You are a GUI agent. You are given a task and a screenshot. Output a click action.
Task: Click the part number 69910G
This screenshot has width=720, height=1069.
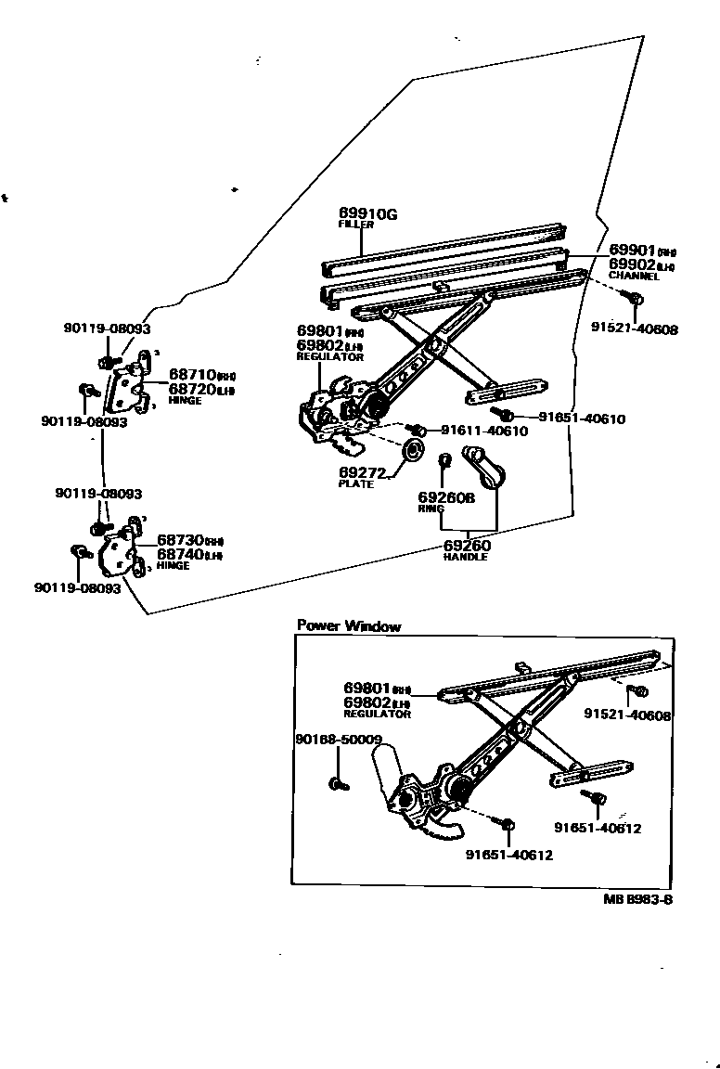point(367,214)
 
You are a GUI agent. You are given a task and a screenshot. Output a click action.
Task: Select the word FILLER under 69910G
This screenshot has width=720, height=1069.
point(355,225)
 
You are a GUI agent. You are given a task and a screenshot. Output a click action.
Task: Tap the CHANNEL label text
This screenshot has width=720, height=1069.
point(634,277)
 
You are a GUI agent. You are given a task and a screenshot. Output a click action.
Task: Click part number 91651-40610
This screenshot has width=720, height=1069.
point(582,419)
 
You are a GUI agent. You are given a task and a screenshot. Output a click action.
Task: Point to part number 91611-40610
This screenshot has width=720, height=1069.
point(483,431)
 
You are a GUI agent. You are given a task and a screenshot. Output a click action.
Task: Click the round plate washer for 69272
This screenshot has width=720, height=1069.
point(411,453)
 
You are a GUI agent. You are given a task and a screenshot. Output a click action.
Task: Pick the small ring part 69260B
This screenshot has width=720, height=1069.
point(444,460)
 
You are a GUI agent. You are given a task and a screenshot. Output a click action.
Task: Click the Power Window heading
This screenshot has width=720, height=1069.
point(348,626)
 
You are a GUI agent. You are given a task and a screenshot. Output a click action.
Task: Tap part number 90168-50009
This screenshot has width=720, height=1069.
point(338,740)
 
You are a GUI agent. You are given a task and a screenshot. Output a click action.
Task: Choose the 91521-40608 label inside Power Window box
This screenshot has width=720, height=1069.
point(626,715)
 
